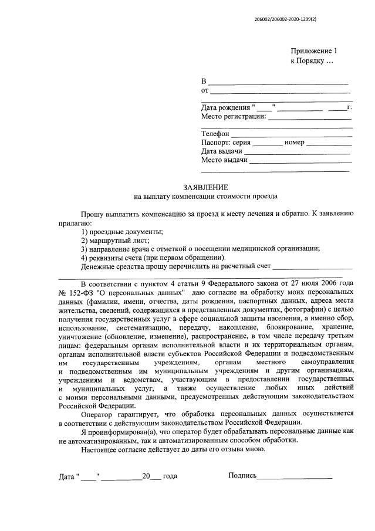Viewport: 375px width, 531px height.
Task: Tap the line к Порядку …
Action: (312, 61)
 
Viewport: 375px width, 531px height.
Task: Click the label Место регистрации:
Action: (234, 116)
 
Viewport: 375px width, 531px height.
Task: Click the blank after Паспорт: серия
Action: (268, 143)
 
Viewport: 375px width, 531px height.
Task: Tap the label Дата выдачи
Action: (222, 151)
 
